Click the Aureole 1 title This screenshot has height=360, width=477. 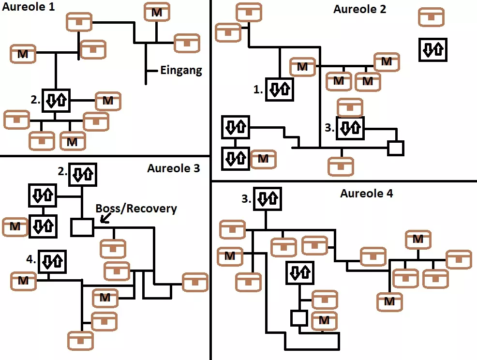point(28,7)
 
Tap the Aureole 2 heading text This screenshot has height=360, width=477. point(360,9)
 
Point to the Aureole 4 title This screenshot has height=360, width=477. point(367,194)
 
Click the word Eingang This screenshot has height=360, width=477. point(181,71)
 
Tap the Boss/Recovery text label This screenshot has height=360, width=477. point(136,209)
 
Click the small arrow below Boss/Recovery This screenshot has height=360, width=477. point(104,219)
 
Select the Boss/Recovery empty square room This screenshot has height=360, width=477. point(82,227)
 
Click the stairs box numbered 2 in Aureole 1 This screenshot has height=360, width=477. point(56,101)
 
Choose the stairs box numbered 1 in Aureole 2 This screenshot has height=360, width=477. point(280,89)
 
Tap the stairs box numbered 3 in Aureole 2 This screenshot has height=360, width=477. point(350,128)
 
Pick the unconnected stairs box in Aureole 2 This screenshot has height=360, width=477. point(433,49)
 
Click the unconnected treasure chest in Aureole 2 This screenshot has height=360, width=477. point(431,17)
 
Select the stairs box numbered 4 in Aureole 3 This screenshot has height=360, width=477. point(52,261)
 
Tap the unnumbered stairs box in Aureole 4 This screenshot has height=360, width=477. point(300,273)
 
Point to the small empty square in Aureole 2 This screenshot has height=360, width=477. point(396,148)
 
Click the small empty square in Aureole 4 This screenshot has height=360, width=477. point(299,318)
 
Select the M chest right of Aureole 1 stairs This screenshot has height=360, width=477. point(108,101)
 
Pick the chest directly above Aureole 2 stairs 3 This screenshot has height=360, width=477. point(350,107)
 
